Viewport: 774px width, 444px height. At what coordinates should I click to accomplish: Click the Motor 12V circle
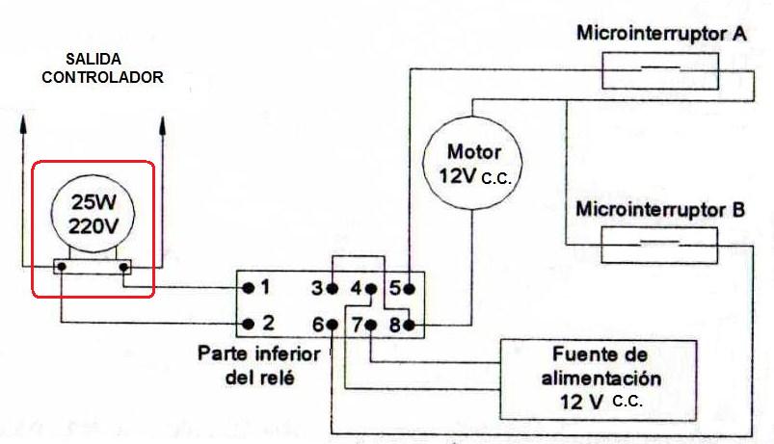(x=473, y=163)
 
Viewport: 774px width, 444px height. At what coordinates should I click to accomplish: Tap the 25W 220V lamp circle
(x=93, y=215)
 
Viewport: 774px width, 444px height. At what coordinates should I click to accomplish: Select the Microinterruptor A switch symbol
(x=659, y=70)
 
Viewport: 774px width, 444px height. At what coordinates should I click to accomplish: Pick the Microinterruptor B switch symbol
(x=659, y=244)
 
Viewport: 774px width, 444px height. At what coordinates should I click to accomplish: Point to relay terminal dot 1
(x=248, y=287)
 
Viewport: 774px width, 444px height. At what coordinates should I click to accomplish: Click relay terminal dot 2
(x=248, y=324)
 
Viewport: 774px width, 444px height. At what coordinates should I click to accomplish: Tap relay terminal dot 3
(x=330, y=288)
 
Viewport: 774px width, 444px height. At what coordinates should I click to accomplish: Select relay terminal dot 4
(x=371, y=288)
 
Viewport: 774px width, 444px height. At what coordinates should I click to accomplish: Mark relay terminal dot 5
(x=409, y=288)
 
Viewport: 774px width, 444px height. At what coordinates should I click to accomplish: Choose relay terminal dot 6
(x=330, y=324)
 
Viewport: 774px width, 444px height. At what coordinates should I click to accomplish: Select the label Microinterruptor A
(x=660, y=34)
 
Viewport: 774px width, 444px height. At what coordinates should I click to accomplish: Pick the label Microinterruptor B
(x=660, y=208)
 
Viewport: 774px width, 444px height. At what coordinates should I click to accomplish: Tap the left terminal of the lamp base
(x=60, y=267)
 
